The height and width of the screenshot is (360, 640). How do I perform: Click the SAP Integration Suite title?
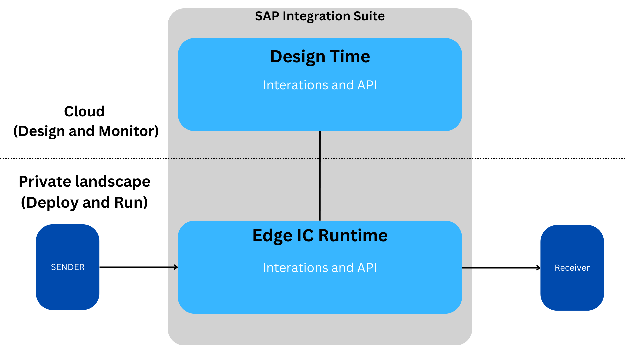320,16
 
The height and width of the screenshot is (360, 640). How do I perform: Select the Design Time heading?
320,56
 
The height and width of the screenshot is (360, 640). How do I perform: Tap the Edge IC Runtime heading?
320,235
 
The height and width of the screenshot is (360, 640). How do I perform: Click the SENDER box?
68,267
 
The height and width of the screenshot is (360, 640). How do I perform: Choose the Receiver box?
572,268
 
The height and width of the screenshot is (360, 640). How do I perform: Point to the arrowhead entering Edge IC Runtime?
176,267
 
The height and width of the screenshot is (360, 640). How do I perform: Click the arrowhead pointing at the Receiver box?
538,268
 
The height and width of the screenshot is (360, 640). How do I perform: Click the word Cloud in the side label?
84,111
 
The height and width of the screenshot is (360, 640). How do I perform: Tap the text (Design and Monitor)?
86,131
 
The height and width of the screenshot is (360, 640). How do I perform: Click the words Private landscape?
84,182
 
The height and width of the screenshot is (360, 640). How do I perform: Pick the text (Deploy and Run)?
84,202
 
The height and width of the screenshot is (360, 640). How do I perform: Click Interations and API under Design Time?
320,85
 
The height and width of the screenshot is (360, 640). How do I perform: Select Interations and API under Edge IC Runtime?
320,268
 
